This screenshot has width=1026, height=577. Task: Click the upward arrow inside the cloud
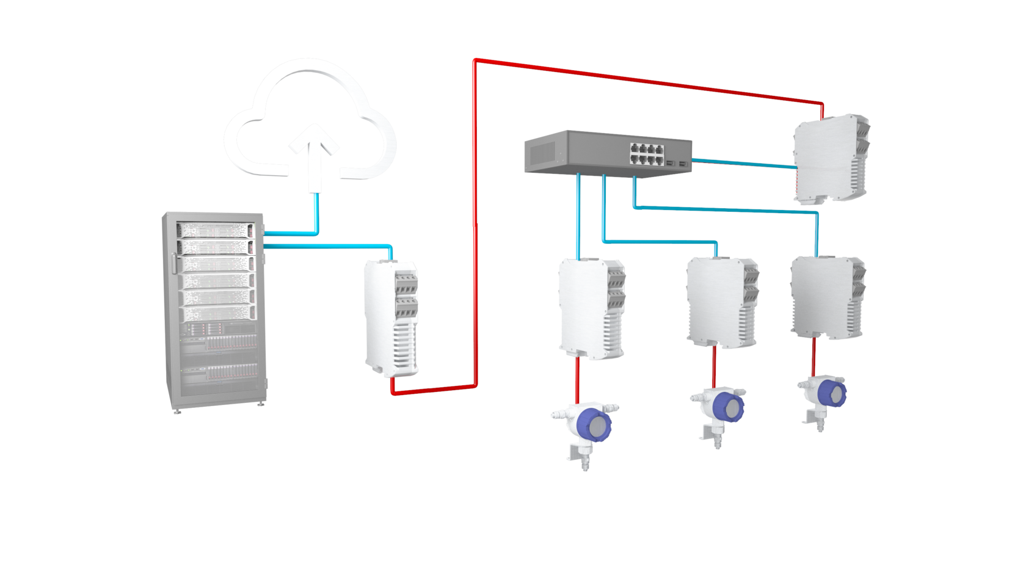click(x=314, y=153)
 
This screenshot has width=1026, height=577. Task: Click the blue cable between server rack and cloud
click(x=316, y=214)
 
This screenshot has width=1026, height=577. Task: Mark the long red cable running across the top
click(x=647, y=79)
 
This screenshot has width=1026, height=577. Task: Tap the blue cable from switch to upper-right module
click(x=742, y=162)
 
